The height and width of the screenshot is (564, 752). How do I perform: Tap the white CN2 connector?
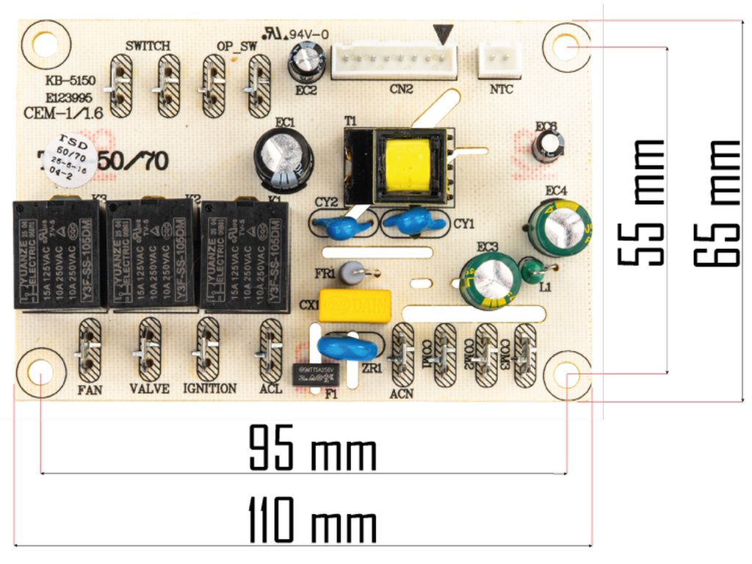(394, 61)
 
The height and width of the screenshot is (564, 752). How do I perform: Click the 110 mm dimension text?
(313, 519)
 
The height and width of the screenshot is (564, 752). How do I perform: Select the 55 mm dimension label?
(640, 202)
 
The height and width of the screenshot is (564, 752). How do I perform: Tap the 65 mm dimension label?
(716, 202)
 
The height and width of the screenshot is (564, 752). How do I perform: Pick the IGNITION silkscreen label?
(210, 388)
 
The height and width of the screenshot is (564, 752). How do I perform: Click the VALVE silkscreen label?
(149, 388)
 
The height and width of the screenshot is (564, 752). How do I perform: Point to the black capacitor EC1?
(284, 157)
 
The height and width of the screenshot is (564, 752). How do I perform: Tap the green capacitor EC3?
(488, 278)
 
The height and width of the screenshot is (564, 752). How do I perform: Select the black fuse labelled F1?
(316, 374)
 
